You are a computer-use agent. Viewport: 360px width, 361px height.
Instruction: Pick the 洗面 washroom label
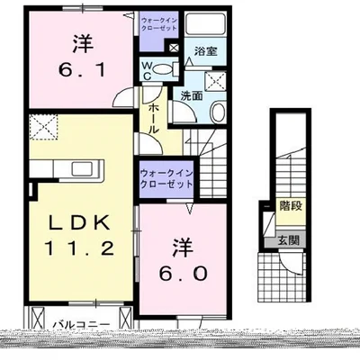pyautogui.click(x=192, y=95)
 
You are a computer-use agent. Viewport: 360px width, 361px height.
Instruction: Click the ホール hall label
pyautogui.click(x=154, y=116)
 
